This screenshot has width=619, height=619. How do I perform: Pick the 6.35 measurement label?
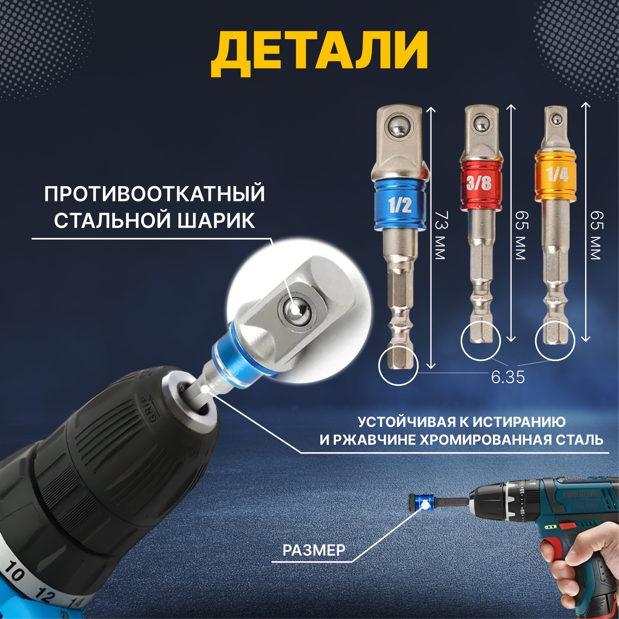[508, 377]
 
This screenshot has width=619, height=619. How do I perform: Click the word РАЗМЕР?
[314, 550]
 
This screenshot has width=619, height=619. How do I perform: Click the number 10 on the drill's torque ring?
[15, 571]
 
